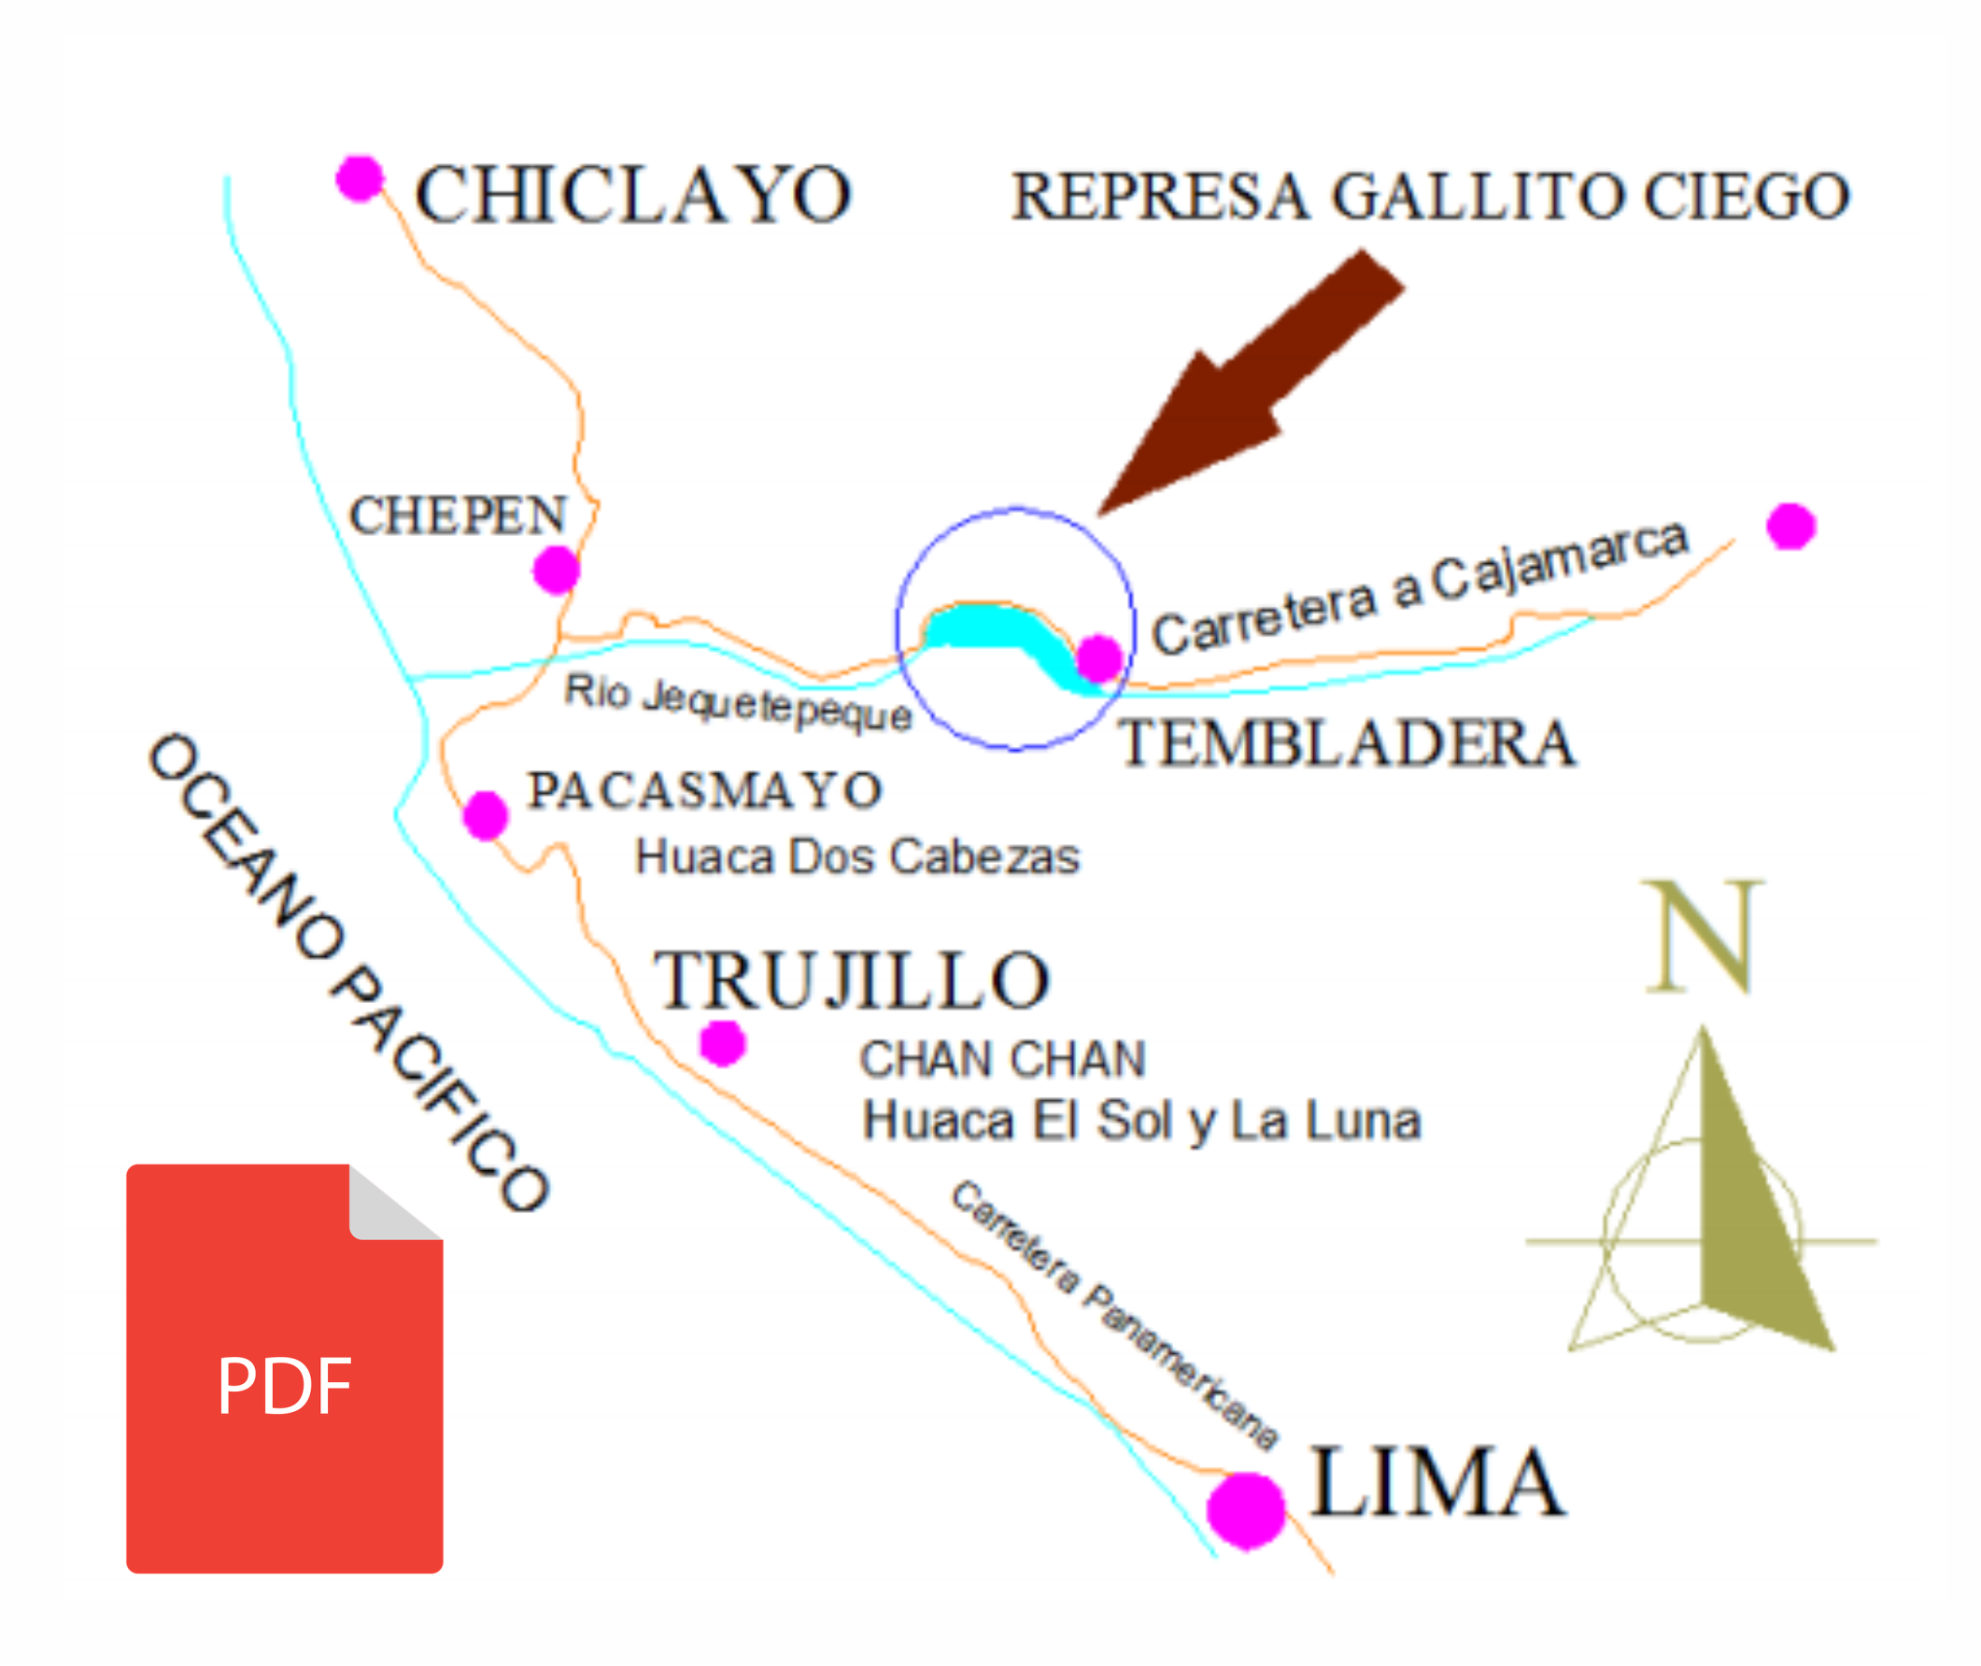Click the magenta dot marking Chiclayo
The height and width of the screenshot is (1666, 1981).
click(x=359, y=178)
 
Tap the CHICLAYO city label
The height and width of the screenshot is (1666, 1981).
click(x=633, y=195)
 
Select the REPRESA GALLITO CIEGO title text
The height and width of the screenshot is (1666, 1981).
click(x=1430, y=196)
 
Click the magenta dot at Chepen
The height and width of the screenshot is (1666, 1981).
click(x=556, y=570)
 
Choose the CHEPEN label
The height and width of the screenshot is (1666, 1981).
click(x=459, y=515)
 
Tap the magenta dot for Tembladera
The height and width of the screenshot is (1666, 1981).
click(x=1098, y=658)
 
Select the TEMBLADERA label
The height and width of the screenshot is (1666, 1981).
click(x=1347, y=743)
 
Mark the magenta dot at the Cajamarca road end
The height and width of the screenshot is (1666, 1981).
click(x=1790, y=526)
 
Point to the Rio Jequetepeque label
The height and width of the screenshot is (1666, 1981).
click(x=738, y=702)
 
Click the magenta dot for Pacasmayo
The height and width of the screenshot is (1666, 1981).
click(x=486, y=815)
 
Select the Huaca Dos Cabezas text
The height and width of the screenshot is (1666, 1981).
click(x=856, y=856)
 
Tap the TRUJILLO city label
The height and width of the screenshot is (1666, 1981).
click(x=852, y=981)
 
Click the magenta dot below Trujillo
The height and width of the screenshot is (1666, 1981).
click(x=723, y=1044)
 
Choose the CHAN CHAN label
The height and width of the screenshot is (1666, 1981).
click(x=1002, y=1059)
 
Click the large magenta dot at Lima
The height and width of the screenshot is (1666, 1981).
click(x=1245, y=1511)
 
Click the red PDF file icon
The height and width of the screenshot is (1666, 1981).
click(x=284, y=1369)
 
